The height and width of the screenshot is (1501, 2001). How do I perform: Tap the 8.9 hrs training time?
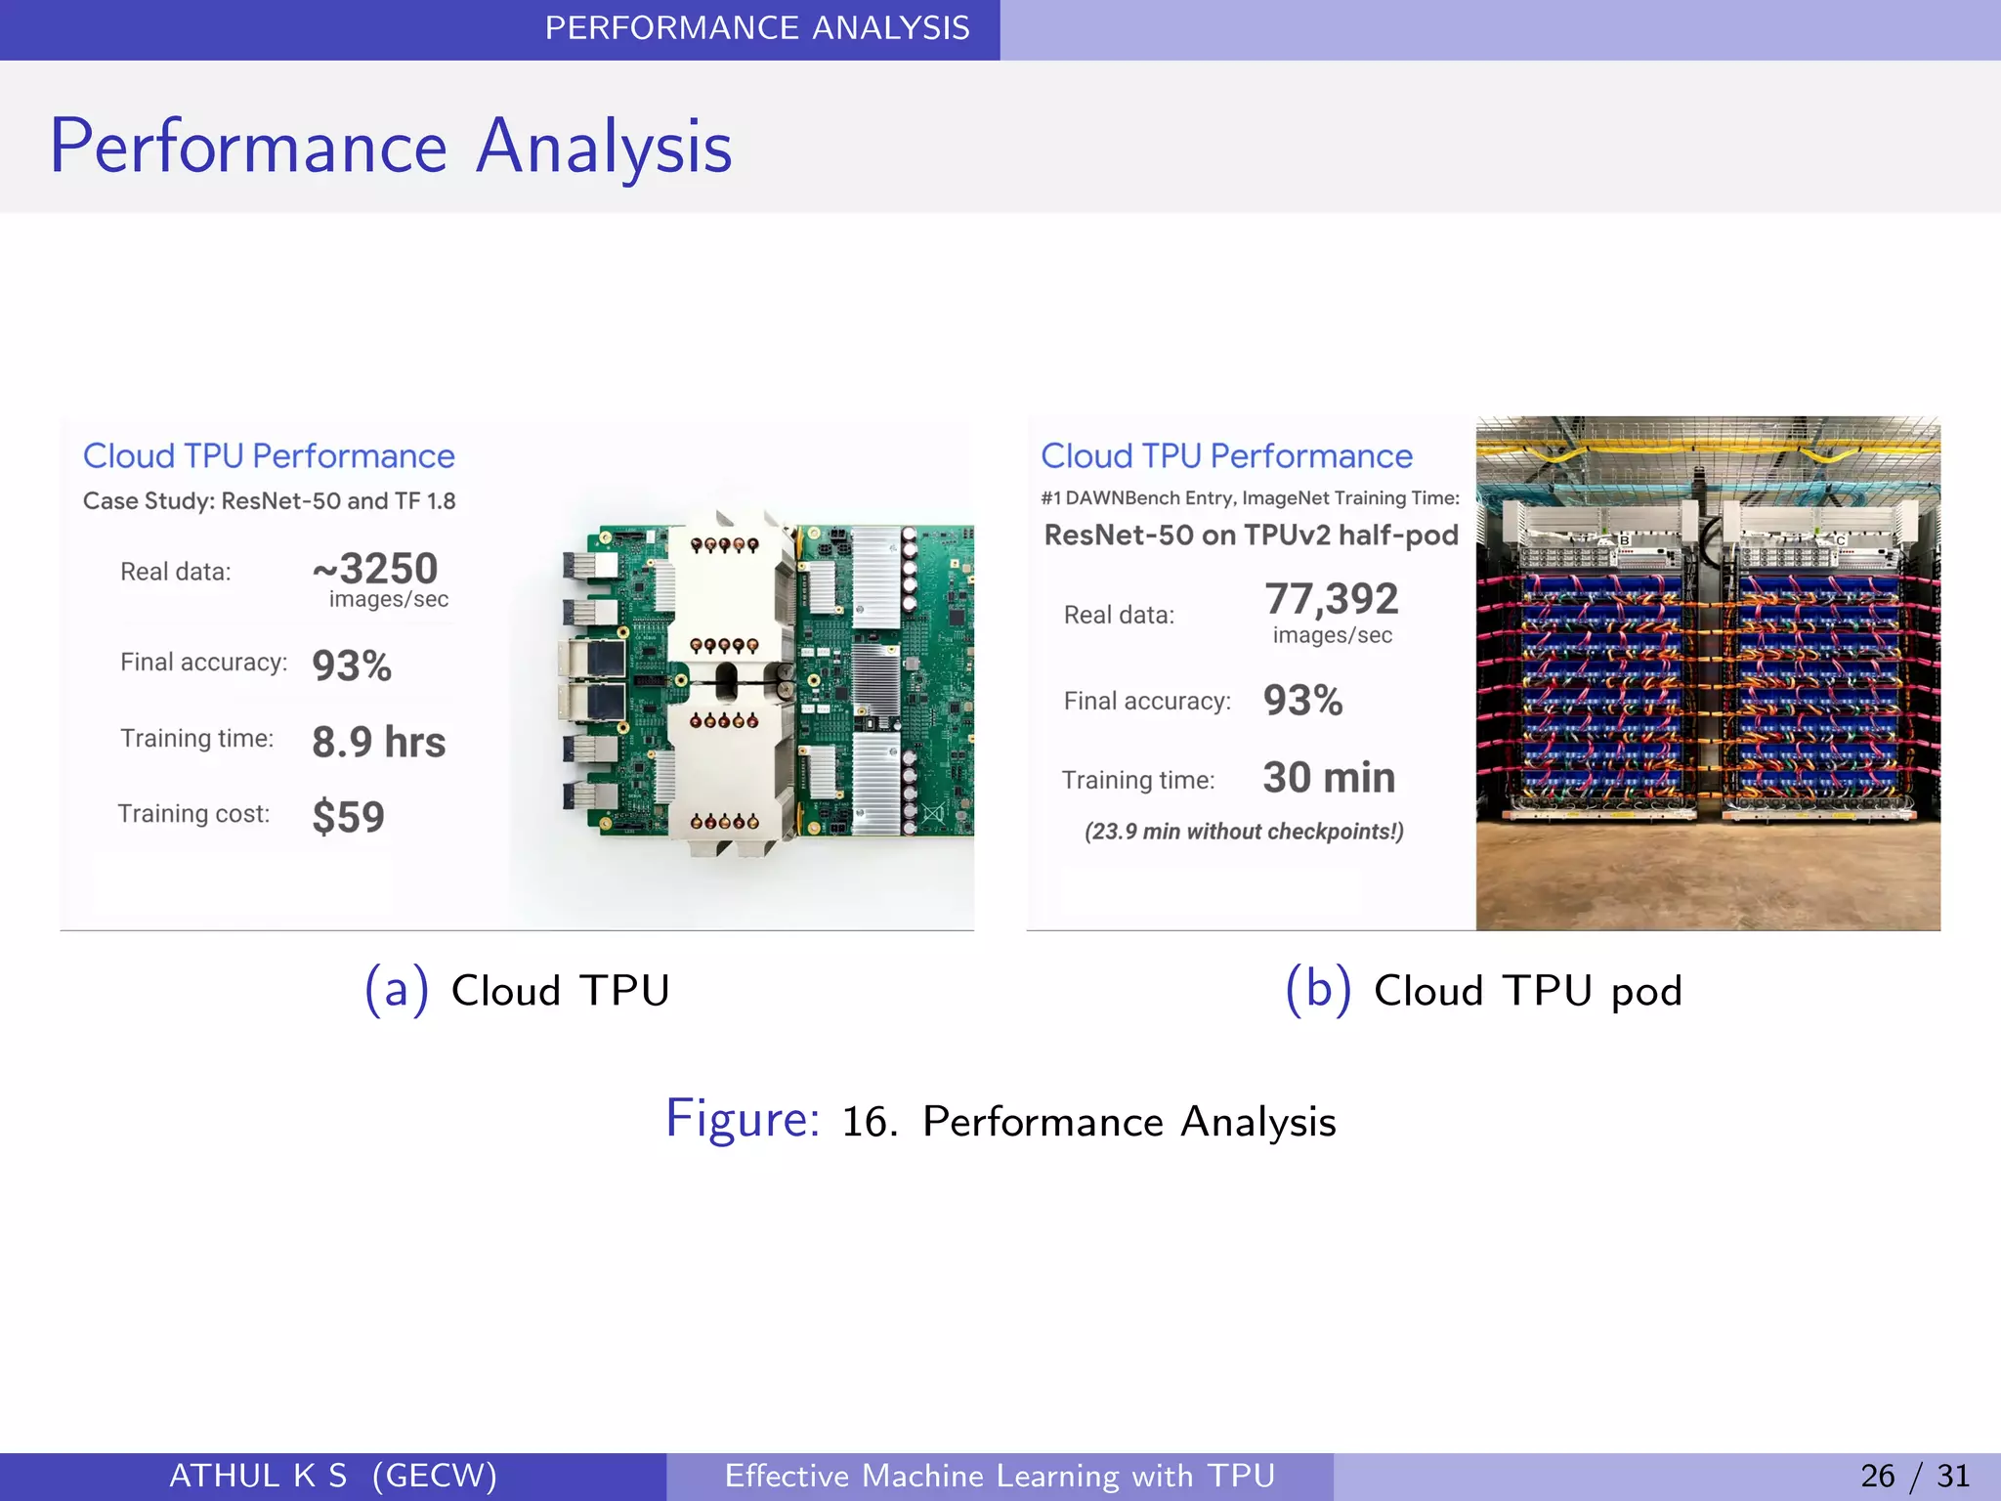(x=378, y=742)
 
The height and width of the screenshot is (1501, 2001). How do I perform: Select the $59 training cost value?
(x=348, y=817)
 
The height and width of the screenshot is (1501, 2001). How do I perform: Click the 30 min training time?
(x=1328, y=778)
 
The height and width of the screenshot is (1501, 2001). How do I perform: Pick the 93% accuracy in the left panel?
(x=352, y=666)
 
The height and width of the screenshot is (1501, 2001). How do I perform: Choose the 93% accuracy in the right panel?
(x=1302, y=701)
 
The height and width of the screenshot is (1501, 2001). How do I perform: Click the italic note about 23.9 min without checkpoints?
(x=1243, y=832)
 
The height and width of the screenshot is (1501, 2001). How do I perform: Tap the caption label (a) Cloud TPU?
(x=517, y=990)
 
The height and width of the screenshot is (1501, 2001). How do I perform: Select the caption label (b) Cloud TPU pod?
(x=1483, y=990)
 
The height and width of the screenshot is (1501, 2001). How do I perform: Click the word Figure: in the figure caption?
(x=743, y=1119)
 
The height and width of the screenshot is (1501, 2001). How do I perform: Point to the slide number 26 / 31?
(x=1914, y=1476)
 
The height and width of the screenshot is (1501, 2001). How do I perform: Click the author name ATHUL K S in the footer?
(x=258, y=1476)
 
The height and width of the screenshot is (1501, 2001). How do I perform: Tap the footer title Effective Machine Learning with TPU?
(x=1000, y=1476)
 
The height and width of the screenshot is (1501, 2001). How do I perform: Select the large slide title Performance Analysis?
(x=391, y=147)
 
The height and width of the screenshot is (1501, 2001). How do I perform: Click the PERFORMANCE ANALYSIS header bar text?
(x=757, y=28)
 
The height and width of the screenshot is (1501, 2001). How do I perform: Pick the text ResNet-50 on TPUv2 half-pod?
(x=1251, y=536)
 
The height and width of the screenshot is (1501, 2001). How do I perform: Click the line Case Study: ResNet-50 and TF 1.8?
(x=269, y=501)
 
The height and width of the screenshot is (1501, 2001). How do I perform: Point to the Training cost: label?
(x=193, y=814)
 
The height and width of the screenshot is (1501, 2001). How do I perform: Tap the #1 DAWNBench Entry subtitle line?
(x=1250, y=498)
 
